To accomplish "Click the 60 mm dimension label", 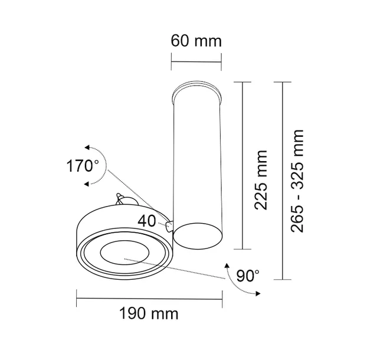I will coord(196,41).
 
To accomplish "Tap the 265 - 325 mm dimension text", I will coord(299,181).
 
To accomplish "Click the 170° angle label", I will coord(82,165).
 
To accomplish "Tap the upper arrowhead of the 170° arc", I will coord(87,148).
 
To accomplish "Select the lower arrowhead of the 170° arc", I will coord(87,184).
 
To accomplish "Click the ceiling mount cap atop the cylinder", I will coord(197,90).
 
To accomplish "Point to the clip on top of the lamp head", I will coord(122,199).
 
